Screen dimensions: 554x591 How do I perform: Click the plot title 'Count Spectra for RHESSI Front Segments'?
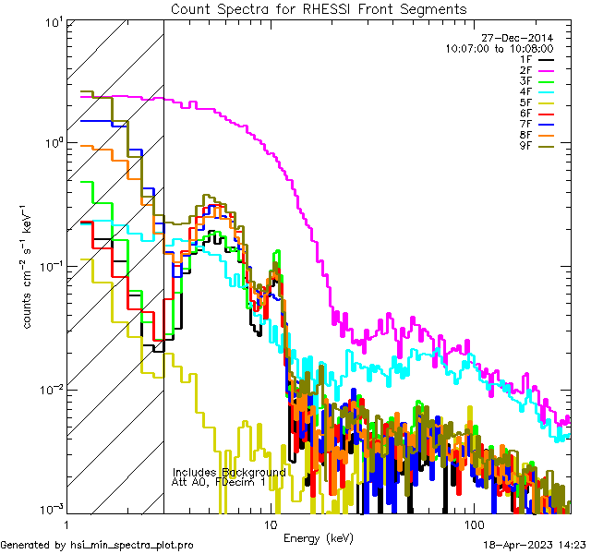tap(319, 8)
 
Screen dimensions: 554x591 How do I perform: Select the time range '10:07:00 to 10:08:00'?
tap(500, 48)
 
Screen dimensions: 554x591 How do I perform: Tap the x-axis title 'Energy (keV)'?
tap(318, 537)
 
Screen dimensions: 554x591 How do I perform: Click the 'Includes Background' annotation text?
tap(228, 472)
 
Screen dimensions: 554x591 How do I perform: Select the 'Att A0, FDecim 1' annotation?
tap(219, 482)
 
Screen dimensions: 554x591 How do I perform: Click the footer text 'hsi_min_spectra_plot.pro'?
tap(132, 545)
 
